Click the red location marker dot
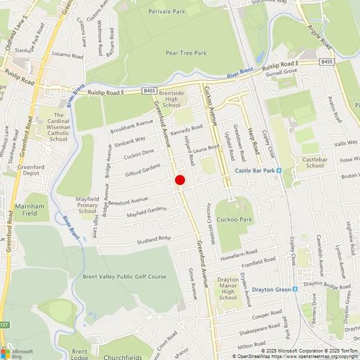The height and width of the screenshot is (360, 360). pos(179,180)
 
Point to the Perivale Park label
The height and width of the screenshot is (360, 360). pos(170,12)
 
